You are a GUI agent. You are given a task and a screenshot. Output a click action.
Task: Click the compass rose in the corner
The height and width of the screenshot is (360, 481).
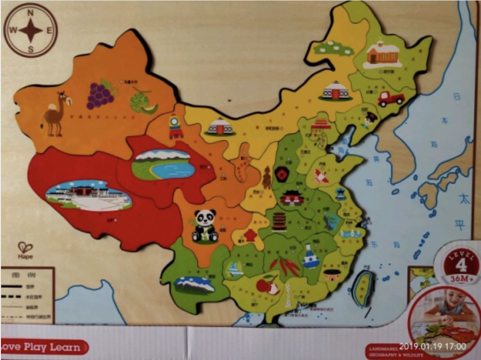(x=31, y=30)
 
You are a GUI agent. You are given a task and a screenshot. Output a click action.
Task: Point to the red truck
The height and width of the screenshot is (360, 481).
(x=390, y=99)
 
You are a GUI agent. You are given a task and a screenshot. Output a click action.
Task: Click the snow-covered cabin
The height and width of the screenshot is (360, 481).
(x=382, y=54)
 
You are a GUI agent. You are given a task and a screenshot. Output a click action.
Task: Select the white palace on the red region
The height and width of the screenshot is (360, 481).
(x=89, y=195)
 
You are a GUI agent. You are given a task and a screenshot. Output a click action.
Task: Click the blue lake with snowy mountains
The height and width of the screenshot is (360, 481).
(x=163, y=164)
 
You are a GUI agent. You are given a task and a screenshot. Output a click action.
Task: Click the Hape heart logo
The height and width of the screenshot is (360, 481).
(x=25, y=248)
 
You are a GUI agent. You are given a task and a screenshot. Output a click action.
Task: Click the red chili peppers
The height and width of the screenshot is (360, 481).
(x=287, y=266)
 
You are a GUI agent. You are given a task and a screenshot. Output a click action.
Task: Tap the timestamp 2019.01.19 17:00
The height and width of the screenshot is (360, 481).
(x=432, y=347)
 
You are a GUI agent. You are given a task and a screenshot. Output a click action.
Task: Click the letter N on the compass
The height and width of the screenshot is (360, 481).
(x=30, y=13)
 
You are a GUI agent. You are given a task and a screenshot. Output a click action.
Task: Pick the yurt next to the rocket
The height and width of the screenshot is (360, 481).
(x=220, y=126)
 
